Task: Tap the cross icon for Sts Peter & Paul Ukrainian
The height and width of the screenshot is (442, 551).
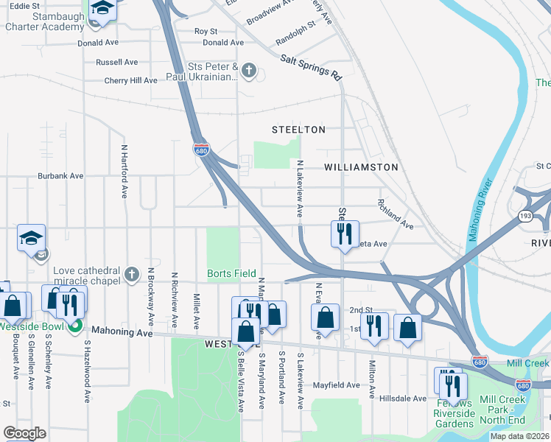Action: (249, 71)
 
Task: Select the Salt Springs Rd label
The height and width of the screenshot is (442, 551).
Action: (311, 66)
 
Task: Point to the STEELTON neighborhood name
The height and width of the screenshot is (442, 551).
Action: (298, 130)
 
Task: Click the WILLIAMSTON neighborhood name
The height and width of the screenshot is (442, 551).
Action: (361, 167)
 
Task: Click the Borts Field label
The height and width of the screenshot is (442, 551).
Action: (231, 273)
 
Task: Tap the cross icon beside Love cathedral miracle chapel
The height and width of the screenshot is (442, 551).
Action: (131, 275)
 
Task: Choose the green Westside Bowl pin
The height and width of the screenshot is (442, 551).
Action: (74, 326)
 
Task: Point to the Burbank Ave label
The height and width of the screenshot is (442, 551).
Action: (62, 176)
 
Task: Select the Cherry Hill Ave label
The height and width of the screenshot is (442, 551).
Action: (130, 80)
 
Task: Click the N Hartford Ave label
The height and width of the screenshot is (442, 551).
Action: (124, 171)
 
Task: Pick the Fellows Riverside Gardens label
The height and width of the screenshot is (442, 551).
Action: (454, 413)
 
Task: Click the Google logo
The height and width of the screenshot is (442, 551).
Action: (24, 433)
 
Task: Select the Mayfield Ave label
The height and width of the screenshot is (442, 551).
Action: (335, 385)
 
